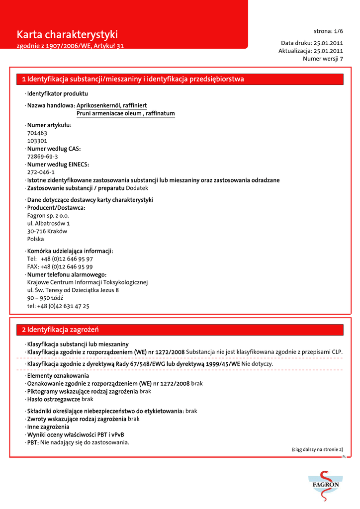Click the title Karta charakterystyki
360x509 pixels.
click(x=67, y=35)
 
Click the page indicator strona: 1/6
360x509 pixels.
click(x=328, y=31)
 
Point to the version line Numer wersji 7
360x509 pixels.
click(x=323, y=59)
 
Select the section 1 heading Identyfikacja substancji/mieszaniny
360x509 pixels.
click(x=133, y=79)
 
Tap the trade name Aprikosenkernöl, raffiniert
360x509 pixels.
click(x=112, y=106)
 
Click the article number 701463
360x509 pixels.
click(x=37, y=133)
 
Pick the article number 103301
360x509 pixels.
click(x=37, y=141)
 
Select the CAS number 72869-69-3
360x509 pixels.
click(x=42, y=157)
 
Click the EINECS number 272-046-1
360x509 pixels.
click(x=41, y=172)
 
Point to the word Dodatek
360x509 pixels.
click(x=137, y=188)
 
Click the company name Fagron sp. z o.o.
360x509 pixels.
click(x=48, y=216)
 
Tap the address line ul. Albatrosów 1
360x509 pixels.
click(x=48, y=224)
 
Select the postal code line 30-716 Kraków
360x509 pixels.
click(x=47, y=231)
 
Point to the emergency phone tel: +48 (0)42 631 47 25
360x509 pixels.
click(x=58, y=306)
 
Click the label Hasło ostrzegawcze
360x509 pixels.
click(x=54, y=399)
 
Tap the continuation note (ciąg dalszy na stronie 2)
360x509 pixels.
click(x=317, y=449)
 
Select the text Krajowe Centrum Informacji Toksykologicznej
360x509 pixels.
click(x=88, y=282)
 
